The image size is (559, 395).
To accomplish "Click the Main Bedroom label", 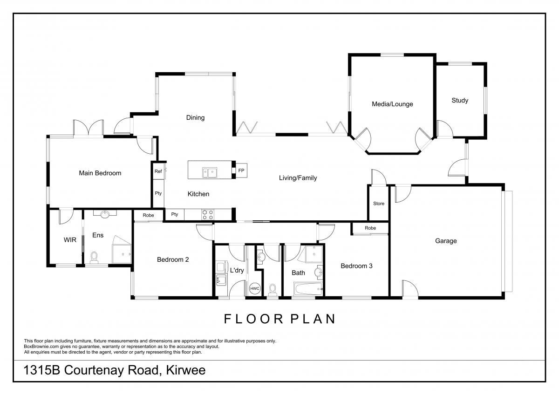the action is point(100,173).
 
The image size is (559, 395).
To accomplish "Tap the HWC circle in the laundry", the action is point(254,288).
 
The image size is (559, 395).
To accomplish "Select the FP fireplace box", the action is point(241,170).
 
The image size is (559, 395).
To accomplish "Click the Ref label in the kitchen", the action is point(158,171).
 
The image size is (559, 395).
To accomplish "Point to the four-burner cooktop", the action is point(208,215).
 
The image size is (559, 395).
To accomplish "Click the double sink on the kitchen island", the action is point(209,172).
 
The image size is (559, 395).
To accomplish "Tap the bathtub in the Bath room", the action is point(308,289).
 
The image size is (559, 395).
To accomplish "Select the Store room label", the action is point(379,204).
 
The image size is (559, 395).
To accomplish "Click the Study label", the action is point(460,100).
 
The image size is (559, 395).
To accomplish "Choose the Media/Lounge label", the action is point(392,104).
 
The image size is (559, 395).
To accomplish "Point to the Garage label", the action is point(446,241).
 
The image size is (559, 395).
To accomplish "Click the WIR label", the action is point(70,240).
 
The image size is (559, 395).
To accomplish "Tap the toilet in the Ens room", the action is point(94,258).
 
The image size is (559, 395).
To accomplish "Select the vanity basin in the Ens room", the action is point(105,214).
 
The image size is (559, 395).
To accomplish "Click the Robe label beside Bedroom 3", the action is point(370,228).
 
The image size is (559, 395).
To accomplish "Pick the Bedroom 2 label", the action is point(173,259).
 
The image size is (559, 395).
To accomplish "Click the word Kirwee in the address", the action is point(186,370).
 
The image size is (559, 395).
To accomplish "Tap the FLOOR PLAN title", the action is point(279,319).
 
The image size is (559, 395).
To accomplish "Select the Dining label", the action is point(195,117).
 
